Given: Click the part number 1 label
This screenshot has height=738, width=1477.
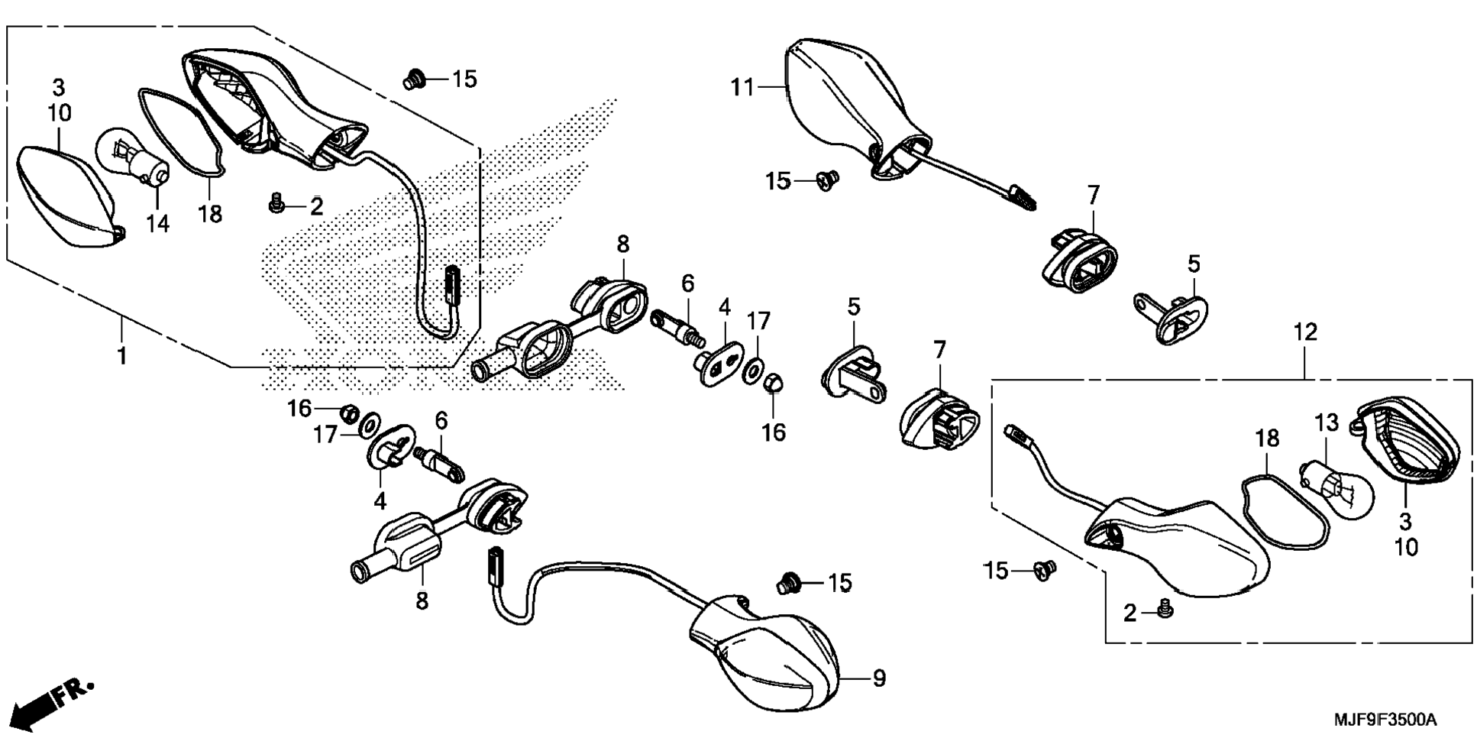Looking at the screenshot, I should click(x=121, y=355).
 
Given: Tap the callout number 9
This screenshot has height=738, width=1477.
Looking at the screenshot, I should click(x=879, y=678).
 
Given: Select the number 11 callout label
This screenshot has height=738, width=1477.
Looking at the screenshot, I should click(x=742, y=89).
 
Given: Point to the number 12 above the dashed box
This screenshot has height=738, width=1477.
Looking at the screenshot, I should click(x=1305, y=332).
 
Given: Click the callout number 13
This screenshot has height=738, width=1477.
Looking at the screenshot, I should click(x=1327, y=422).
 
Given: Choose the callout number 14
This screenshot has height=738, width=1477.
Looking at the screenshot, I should click(x=157, y=224).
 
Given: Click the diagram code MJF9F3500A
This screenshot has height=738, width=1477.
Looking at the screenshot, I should click(x=1385, y=720).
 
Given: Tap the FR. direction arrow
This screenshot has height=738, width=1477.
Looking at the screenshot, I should click(x=53, y=701).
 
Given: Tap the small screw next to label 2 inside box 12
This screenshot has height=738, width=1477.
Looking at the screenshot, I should click(x=1165, y=609).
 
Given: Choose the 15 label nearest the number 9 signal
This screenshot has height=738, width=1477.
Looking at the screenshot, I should click(x=839, y=583).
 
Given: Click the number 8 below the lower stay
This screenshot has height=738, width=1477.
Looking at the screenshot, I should click(x=422, y=601).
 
